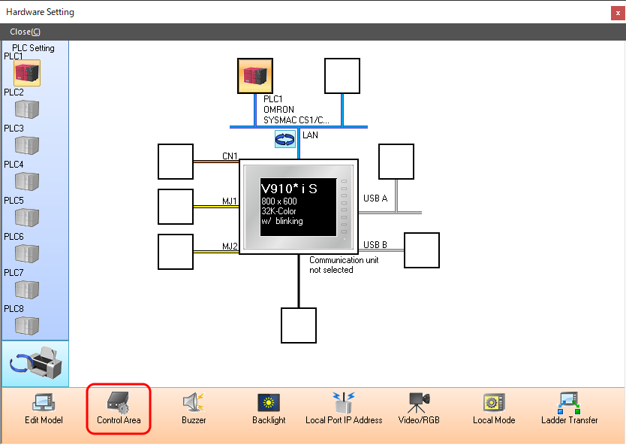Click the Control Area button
click(119, 408)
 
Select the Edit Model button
click(44, 408)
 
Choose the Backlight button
click(269, 408)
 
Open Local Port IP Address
click(344, 408)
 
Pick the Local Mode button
click(494, 408)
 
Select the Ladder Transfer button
click(569, 408)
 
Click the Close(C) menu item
click(26, 32)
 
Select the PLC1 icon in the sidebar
click(27, 73)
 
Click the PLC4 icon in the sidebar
click(27, 181)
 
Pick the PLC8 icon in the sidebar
click(27, 325)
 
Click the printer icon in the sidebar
click(36, 365)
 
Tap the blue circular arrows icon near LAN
click(285, 139)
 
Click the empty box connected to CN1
click(176, 162)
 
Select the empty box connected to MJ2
click(176, 252)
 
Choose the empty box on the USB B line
click(422, 250)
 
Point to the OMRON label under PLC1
click(278, 110)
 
